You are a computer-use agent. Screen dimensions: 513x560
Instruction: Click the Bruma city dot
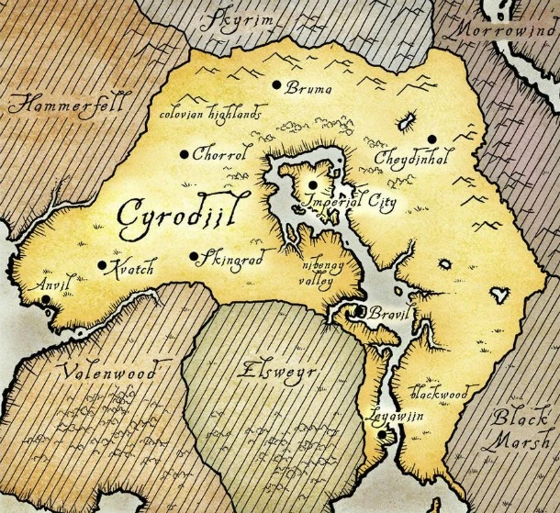[275, 85]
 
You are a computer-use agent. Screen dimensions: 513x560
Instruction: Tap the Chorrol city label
[221, 155]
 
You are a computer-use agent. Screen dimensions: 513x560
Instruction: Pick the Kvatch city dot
[102, 265]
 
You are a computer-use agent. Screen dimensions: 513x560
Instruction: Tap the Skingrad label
[232, 260]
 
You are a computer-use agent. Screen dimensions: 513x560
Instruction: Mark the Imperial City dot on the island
[312, 184]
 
